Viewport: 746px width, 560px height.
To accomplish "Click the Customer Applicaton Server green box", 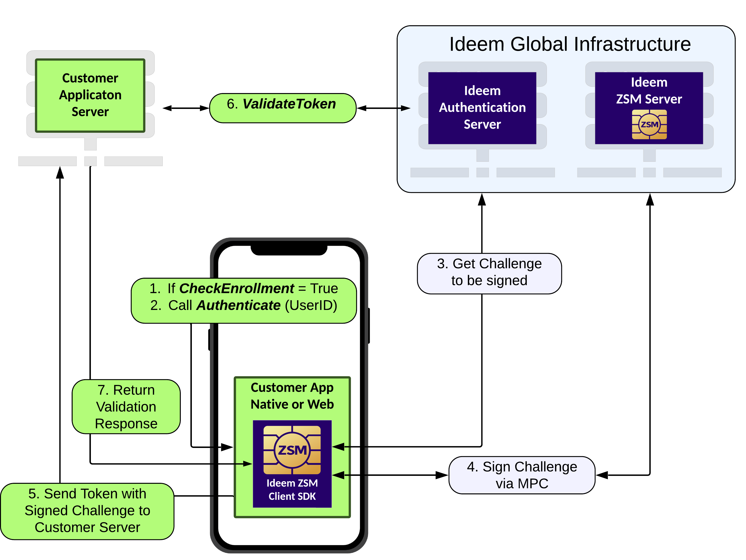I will (x=90, y=95).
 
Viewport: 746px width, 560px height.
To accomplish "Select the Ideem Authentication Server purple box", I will (x=482, y=108).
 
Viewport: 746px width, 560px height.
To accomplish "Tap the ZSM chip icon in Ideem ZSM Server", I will (x=649, y=125).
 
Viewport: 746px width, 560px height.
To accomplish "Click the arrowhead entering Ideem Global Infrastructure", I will (x=406, y=108).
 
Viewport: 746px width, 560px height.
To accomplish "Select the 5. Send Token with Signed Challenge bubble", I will (x=87, y=511).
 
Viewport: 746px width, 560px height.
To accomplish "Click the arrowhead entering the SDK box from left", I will (x=248, y=464).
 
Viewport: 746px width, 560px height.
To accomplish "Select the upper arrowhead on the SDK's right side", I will (x=338, y=447).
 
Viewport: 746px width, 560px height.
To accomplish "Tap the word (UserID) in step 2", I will (x=311, y=306).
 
